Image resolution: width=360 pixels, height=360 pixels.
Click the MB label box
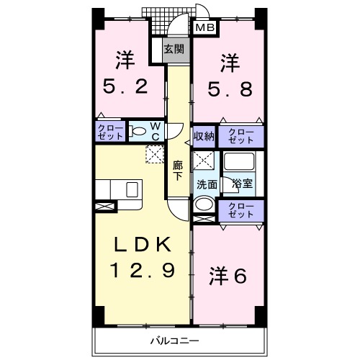point(204,28)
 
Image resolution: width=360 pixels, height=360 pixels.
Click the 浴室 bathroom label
point(242,184)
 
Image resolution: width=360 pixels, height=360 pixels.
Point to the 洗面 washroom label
point(207,184)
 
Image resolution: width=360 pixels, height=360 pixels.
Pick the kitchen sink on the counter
point(132,189)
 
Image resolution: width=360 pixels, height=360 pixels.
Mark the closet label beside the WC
point(110,131)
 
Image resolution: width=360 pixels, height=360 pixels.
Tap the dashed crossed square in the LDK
point(155,153)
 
